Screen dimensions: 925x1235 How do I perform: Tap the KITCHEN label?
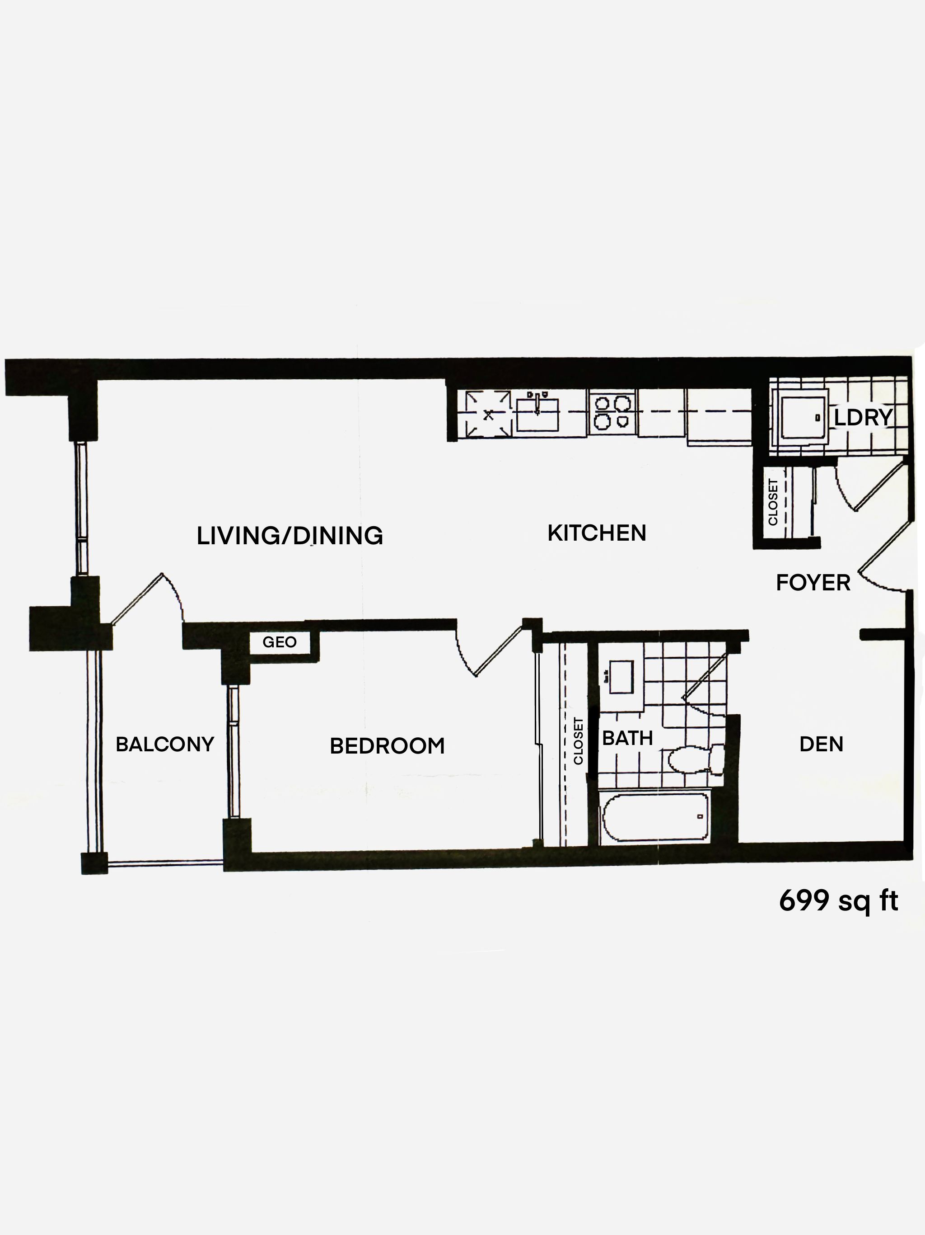[597, 533]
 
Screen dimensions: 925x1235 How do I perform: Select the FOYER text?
[813, 583]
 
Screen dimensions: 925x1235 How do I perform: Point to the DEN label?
[821, 744]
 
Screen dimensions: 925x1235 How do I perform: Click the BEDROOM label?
[387, 746]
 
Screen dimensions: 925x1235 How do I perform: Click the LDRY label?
[863, 418]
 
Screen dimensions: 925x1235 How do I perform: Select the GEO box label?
[280, 642]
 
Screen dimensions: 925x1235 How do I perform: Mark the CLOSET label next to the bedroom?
[578, 741]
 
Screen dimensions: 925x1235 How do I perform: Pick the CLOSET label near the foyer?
[773, 502]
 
